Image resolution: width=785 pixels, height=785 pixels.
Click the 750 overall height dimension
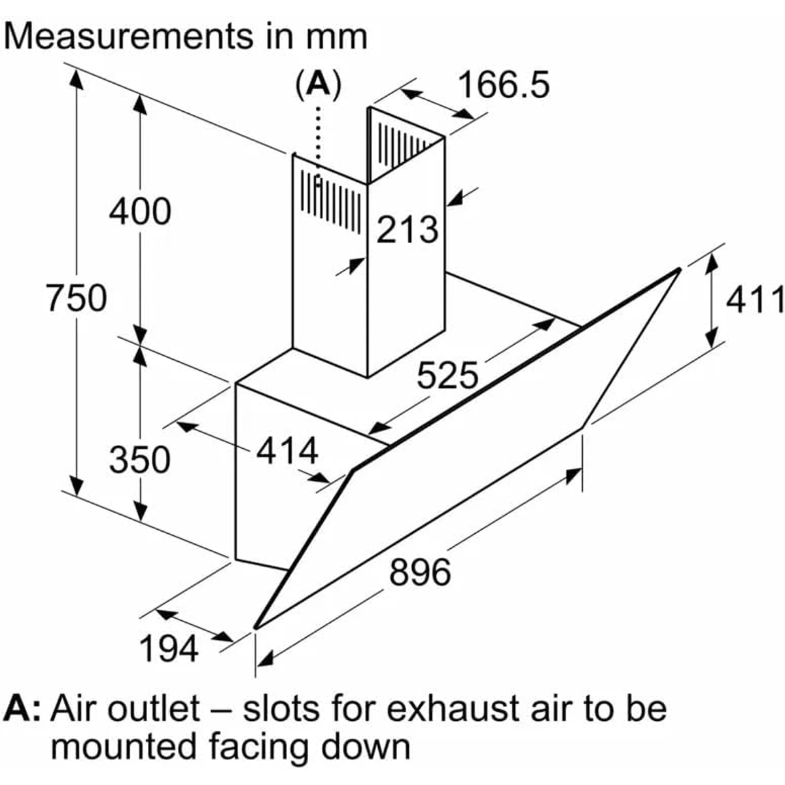76,298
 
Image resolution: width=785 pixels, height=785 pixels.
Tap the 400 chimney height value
139,212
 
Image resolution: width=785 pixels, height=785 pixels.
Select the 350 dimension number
139,459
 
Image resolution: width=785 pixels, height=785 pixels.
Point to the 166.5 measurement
503,86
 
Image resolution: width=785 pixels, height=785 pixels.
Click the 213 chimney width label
407,230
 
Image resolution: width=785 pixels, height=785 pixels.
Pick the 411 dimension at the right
755,300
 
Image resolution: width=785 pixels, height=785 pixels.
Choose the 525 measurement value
447,375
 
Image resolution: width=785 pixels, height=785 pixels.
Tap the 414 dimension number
287,451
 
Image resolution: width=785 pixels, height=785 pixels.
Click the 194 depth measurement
168,649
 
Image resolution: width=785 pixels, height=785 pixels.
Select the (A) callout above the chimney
318,84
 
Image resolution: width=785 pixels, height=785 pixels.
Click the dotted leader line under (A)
318,137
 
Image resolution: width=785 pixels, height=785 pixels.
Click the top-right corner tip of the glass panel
678,270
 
